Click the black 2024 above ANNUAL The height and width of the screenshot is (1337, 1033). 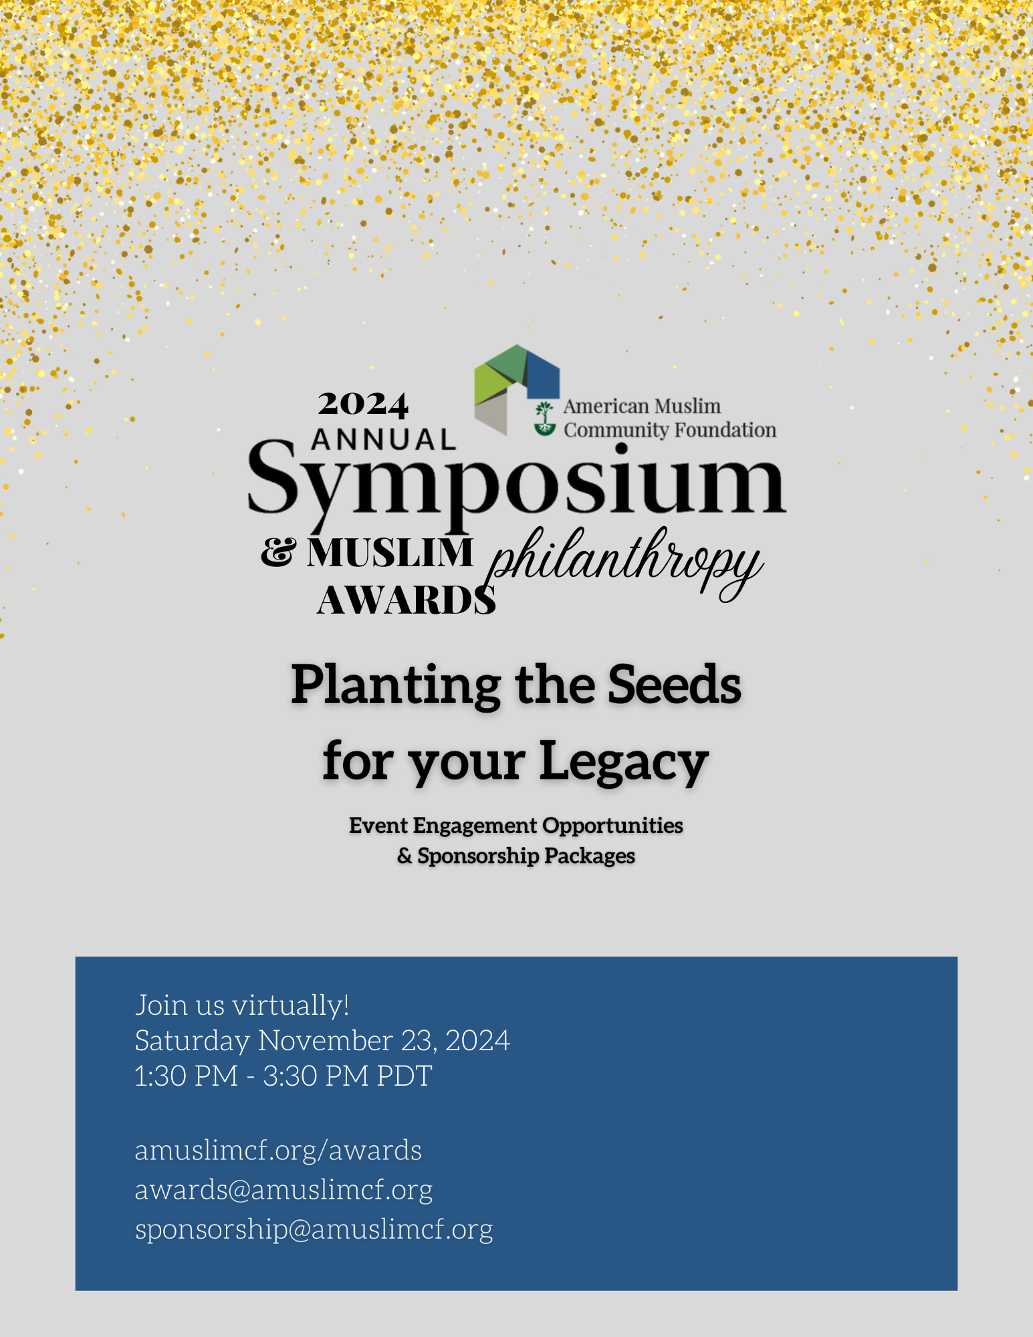point(363,404)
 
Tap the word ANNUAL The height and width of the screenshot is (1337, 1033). point(384,440)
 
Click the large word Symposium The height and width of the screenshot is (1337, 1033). point(516,481)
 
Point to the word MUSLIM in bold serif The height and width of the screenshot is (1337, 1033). point(390,553)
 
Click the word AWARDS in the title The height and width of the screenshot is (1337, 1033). point(407,600)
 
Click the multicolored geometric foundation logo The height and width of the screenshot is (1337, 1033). point(517,390)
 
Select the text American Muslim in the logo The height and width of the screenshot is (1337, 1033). point(642,406)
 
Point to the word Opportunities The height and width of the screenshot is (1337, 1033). point(612,826)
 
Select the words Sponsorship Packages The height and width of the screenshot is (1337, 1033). point(526,856)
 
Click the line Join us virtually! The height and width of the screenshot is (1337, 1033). point(242,1005)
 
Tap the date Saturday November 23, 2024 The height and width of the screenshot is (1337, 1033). point(322,1040)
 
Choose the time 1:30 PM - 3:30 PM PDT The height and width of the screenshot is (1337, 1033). point(283,1076)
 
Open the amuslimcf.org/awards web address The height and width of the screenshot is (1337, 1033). point(278,1150)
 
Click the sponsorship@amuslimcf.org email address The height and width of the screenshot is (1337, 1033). point(314,1229)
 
